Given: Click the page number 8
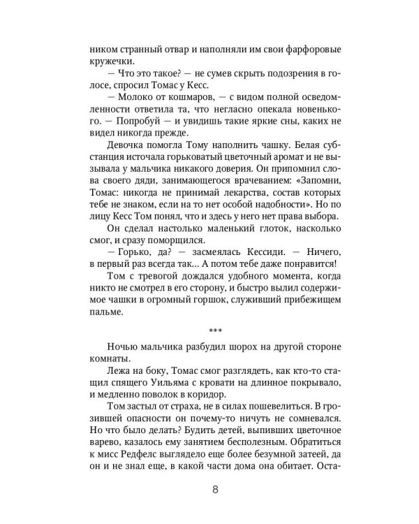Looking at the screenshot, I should coord(214,489).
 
